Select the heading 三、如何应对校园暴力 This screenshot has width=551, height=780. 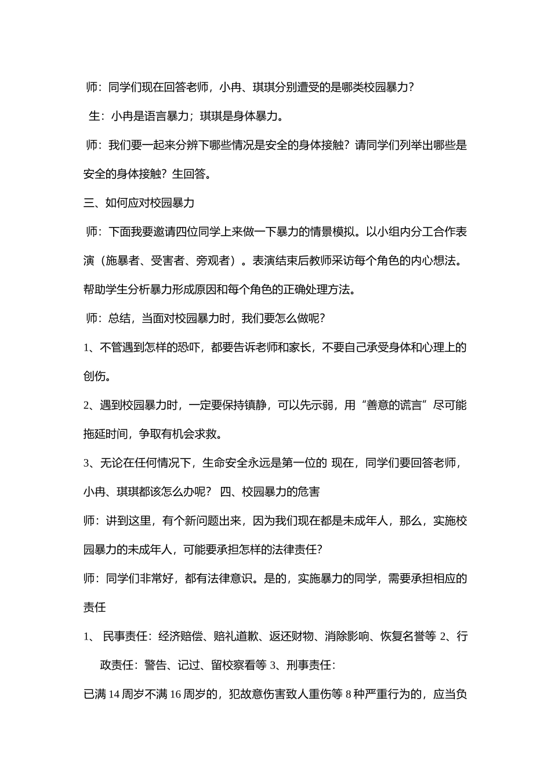tap(139, 203)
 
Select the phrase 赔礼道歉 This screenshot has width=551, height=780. tap(234, 637)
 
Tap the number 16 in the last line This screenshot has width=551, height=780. tap(176, 695)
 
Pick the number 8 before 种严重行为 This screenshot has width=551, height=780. tap(349, 695)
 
